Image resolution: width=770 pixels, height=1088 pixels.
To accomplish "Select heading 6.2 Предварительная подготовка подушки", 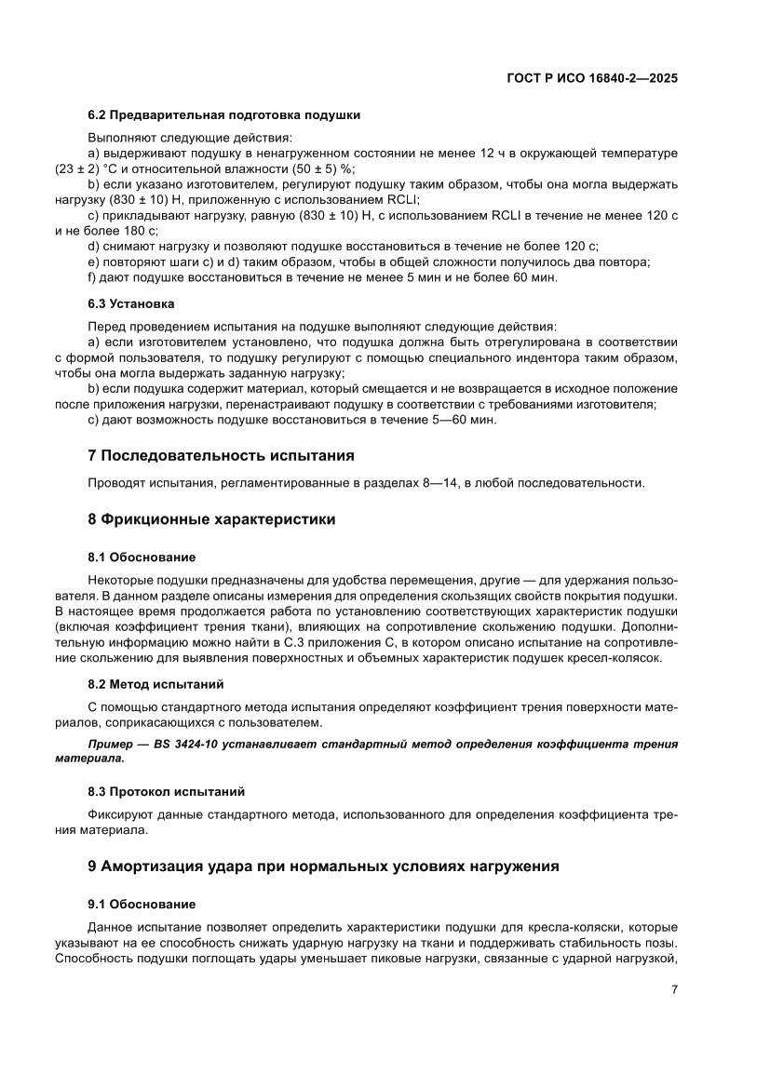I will click(223, 115).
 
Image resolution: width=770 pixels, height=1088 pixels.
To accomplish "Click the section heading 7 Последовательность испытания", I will click(221, 456).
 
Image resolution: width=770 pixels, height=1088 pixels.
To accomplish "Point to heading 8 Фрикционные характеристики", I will click(211, 519).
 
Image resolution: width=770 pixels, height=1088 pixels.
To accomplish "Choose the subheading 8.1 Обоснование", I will click(142, 557).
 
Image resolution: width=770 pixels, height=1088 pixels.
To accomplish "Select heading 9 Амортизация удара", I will click(323, 866).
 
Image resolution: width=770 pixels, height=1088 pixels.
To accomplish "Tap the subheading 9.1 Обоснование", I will click(142, 904).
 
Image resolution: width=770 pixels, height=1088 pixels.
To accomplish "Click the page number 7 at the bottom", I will click(673, 990).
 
